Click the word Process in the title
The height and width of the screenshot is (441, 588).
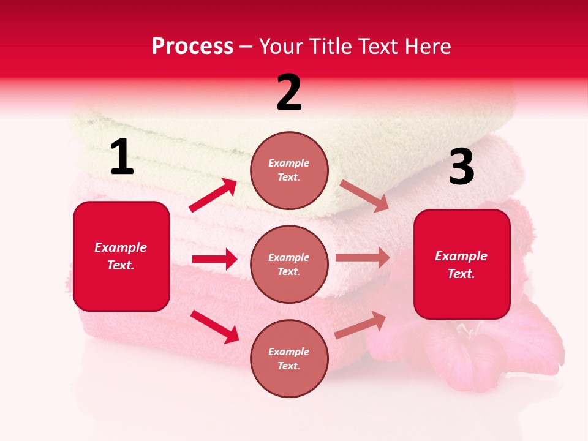tap(192, 47)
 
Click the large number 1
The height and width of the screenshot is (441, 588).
tap(122, 157)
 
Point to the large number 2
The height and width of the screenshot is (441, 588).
tap(289, 92)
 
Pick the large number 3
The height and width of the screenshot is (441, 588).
tap(461, 167)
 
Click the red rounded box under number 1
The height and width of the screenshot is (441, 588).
tap(121, 256)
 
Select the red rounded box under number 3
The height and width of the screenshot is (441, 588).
tap(462, 264)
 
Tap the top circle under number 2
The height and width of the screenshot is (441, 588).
tap(289, 170)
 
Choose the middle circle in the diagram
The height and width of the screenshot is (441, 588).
tap(289, 264)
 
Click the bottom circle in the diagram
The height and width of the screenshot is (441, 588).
tap(289, 358)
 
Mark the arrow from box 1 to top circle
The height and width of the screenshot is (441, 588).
tap(213, 195)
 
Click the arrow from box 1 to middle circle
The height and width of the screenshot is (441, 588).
tap(214, 259)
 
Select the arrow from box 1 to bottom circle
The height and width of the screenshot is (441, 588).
tap(214, 326)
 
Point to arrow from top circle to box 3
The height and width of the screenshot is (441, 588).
tap(364, 195)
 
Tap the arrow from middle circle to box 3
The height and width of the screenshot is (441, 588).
tap(363, 258)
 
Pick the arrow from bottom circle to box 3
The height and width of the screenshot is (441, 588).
tap(361, 325)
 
